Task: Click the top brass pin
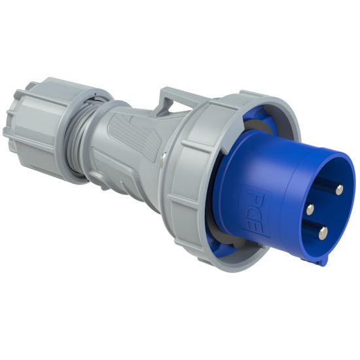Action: click(x=338, y=189)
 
